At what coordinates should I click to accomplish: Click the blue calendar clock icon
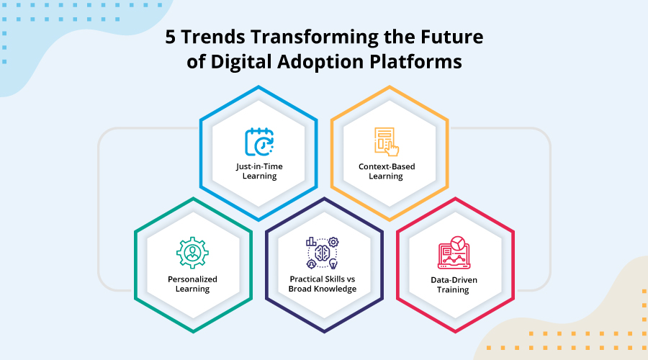[259, 142]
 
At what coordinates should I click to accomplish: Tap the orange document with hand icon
[387, 142]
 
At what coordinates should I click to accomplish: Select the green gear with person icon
[192, 253]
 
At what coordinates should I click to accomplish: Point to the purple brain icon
[323, 253]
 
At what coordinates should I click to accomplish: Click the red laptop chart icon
[454, 253]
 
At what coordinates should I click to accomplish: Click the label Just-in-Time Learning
[259, 171]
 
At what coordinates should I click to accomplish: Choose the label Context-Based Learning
[387, 171]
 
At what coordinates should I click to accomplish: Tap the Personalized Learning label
[192, 284]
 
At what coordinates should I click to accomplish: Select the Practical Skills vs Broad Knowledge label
[323, 284]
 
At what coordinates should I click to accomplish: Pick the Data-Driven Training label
[454, 285]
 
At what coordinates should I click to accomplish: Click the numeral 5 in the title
[171, 37]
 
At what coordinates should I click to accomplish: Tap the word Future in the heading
[452, 37]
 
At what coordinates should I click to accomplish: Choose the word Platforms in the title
[415, 62]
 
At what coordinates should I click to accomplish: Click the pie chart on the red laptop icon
[457, 243]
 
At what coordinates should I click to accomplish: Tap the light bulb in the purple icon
[333, 264]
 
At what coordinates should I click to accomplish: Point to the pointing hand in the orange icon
[392, 149]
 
